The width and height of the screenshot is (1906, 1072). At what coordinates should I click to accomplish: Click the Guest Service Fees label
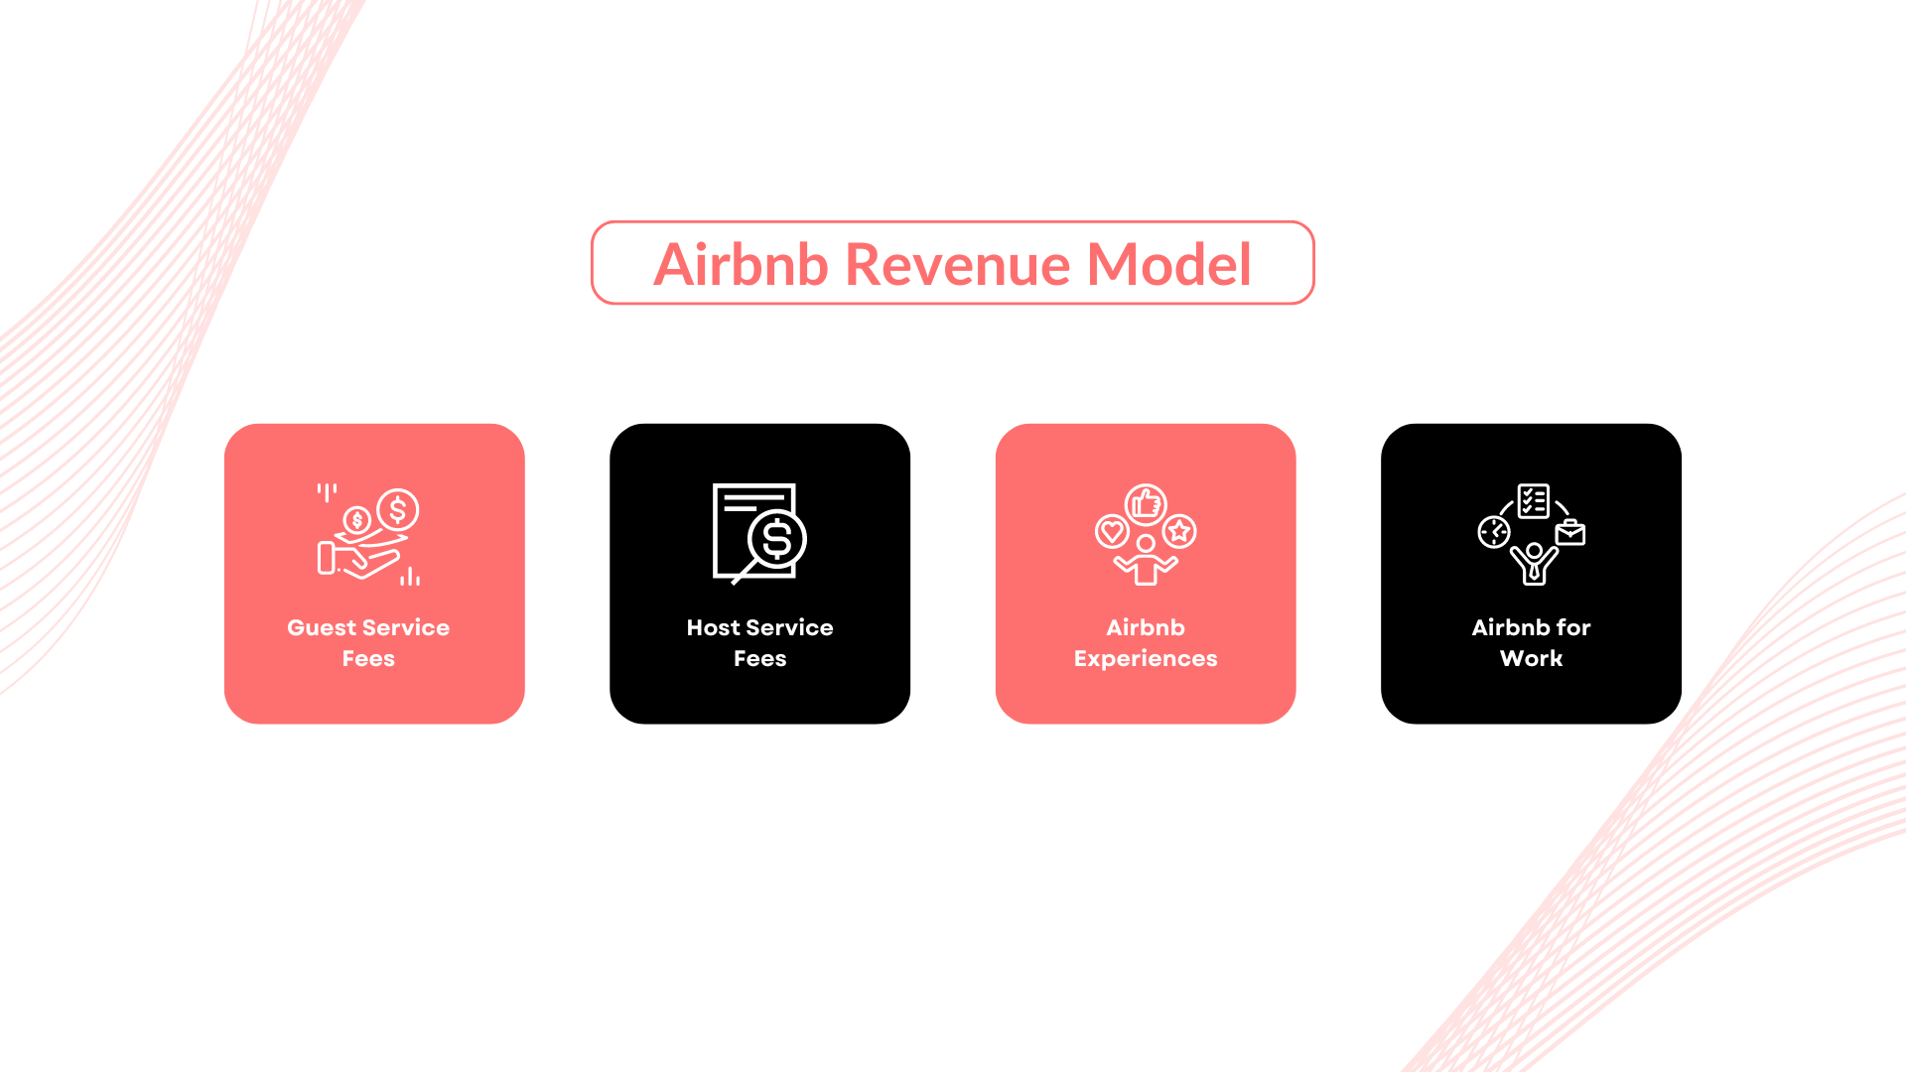[368, 642]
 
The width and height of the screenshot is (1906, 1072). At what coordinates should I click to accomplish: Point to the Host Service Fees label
[759, 642]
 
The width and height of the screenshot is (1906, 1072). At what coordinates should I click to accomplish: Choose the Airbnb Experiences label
[1146, 642]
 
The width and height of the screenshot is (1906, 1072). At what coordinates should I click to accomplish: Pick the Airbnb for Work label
[1531, 642]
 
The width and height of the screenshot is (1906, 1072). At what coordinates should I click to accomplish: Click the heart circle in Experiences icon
[1112, 532]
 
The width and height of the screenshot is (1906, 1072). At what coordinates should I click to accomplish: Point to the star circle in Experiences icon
[1179, 532]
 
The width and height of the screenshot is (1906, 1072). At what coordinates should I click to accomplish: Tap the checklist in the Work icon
[1533, 501]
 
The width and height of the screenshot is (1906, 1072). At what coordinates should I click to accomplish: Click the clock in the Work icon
[1494, 532]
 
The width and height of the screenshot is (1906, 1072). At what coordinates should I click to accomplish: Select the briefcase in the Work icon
[1570, 534]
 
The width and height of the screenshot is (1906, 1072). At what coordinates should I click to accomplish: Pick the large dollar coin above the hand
[398, 510]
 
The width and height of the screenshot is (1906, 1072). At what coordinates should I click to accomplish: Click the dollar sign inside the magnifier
[777, 539]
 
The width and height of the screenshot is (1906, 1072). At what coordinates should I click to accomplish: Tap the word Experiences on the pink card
[1146, 658]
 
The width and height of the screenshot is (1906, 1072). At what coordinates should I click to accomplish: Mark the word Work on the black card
[1531, 658]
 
